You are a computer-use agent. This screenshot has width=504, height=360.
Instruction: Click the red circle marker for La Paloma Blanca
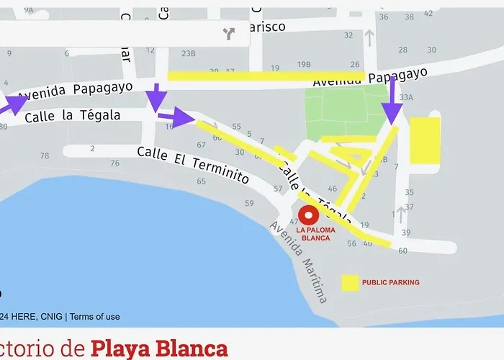coord(309,215)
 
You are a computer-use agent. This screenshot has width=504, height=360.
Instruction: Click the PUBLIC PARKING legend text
coord(390,282)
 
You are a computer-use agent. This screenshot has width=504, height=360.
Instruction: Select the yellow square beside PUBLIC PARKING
coord(350,282)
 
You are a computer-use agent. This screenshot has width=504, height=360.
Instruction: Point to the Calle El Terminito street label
coord(193,165)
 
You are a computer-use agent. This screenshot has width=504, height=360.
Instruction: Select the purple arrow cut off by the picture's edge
coord(12,104)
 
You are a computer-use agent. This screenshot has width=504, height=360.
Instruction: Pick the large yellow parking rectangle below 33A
coord(425,140)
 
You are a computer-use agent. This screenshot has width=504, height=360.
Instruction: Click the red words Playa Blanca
coord(159,349)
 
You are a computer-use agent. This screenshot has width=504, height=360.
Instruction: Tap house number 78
coord(45,156)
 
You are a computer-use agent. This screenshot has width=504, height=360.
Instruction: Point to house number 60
coord(402,251)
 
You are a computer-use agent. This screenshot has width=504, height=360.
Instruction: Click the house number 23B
coord(189,53)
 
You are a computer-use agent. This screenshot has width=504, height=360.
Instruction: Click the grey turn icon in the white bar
coord(230,33)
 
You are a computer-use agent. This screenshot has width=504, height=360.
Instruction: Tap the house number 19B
coord(304,64)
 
